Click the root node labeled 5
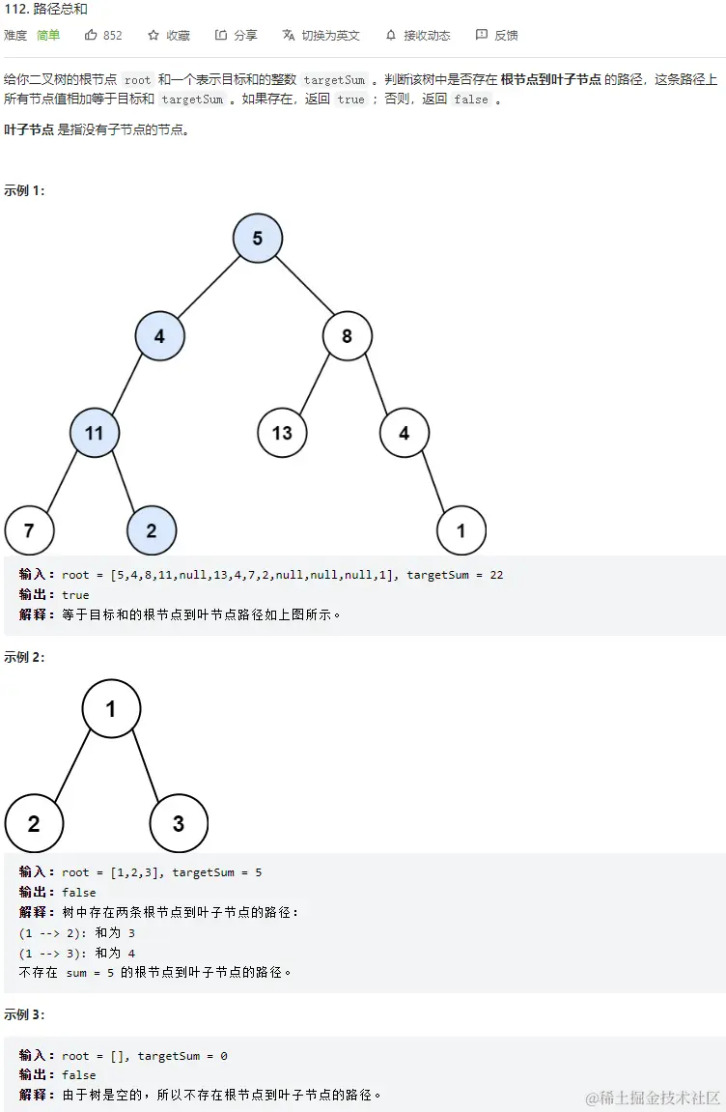tap(257, 238)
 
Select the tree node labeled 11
tap(94, 433)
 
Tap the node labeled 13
tap(282, 433)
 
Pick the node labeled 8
tap(348, 336)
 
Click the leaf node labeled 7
tap(29, 529)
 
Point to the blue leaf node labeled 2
tap(152, 529)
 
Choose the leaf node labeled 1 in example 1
tap(461, 530)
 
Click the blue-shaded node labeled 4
tap(159, 336)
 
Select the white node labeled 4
tap(404, 433)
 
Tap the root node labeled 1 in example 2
tap(111, 709)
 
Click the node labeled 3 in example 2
tap(179, 824)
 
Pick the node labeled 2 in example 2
tap(34, 824)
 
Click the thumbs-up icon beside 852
tap(92, 35)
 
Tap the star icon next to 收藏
tap(154, 35)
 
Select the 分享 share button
tap(236, 35)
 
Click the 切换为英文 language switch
tap(321, 35)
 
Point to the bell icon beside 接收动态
tap(391, 35)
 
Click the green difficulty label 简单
tap(48, 35)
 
